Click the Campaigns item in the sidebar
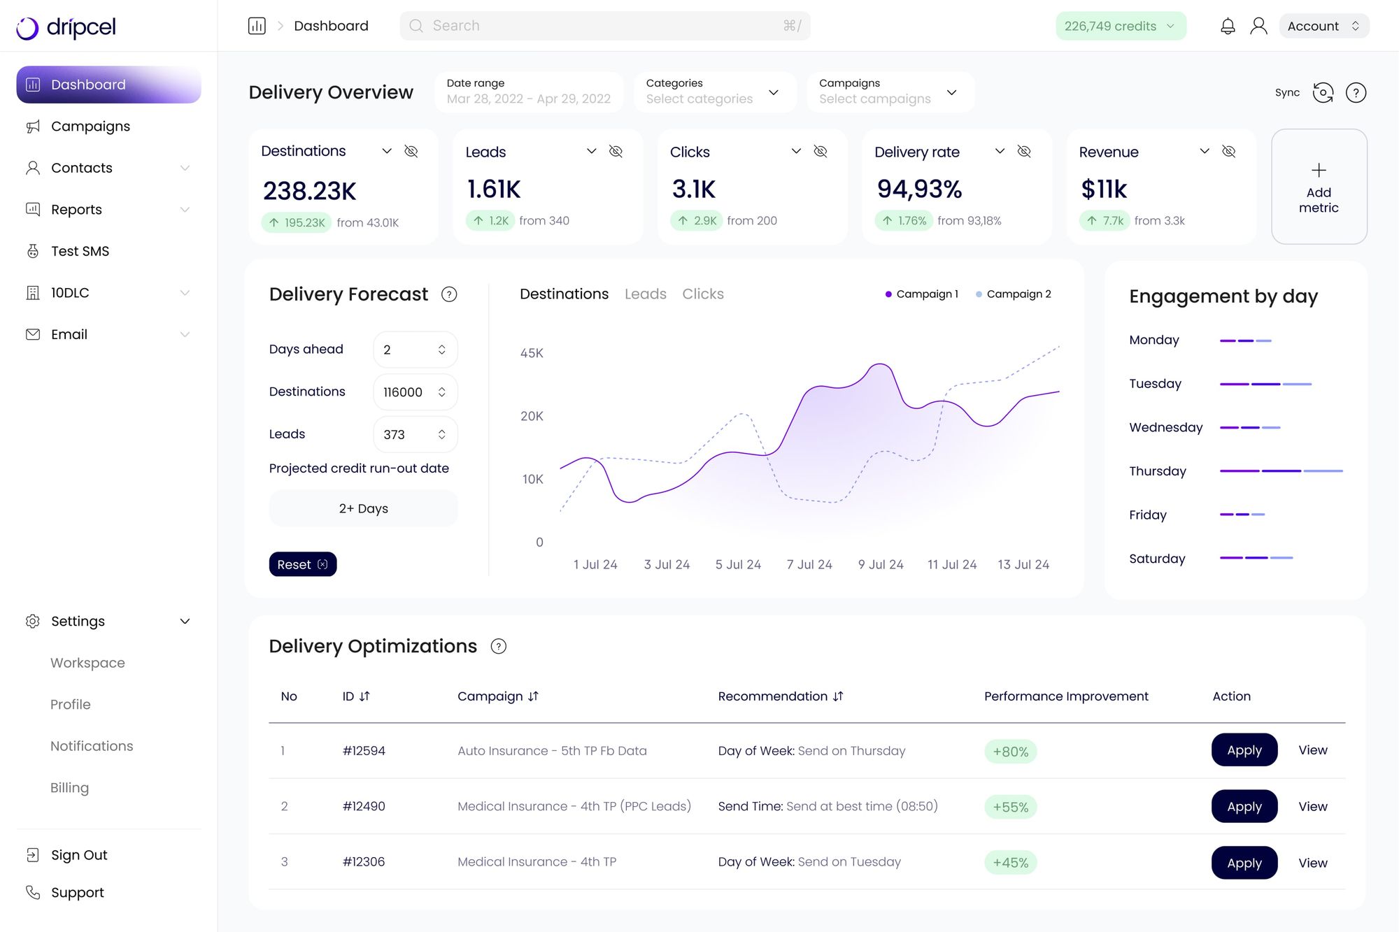coord(90,127)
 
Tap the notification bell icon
coord(1228,27)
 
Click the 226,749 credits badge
coord(1120,27)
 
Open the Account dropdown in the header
coord(1323,27)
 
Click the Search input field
coord(604,26)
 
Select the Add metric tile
coord(1319,187)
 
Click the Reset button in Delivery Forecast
coord(302,564)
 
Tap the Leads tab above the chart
coord(645,294)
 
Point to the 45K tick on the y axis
coord(532,353)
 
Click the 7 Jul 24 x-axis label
coord(809,564)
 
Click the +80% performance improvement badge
coord(1010,752)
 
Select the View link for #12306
coord(1312,863)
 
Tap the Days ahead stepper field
coord(415,350)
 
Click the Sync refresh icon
coord(1322,93)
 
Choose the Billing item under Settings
coord(69,788)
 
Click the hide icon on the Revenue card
coord(1228,152)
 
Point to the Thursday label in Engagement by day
coord(1157,471)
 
